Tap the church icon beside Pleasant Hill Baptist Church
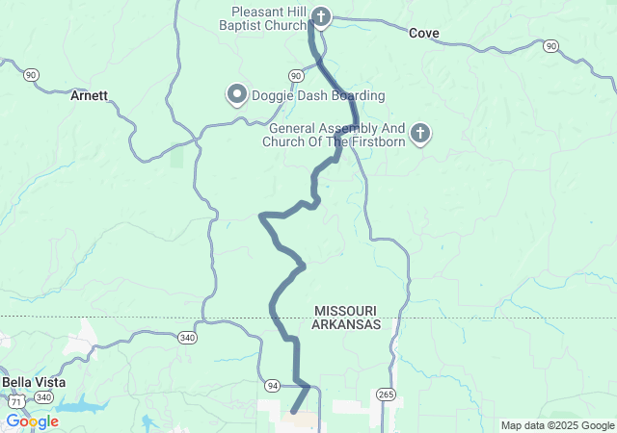click(x=322, y=16)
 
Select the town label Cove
click(x=423, y=33)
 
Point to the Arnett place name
click(x=89, y=95)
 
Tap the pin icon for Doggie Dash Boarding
click(x=236, y=94)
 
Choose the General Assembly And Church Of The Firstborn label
click(x=336, y=135)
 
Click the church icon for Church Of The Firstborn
click(x=419, y=134)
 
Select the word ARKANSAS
click(x=345, y=325)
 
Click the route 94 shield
click(x=273, y=386)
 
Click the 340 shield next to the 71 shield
click(x=44, y=396)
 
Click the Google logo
click(x=33, y=421)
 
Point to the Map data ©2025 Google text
click(x=556, y=425)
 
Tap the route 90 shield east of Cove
click(x=550, y=45)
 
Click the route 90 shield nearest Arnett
click(x=32, y=74)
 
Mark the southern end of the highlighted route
click(x=292, y=413)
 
